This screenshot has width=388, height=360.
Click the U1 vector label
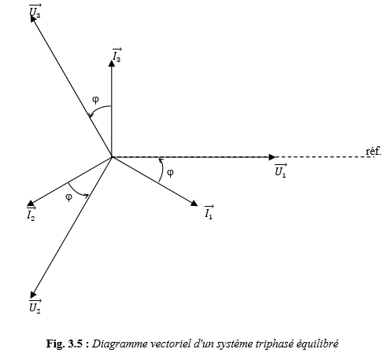pos(281,171)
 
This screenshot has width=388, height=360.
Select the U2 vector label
pos(35,306)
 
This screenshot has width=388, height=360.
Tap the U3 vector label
pos(35,11)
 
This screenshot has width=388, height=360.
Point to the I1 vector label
pos(209,211)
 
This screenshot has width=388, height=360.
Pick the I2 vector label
pos(31,214)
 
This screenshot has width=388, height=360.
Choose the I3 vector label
pos(116,55)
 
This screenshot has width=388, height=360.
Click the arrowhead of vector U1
pos(272,157)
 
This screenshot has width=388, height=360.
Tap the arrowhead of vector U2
pos(33,295)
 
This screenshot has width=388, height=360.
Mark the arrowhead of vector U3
pos(33,19)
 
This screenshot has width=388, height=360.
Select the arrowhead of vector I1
pos(194,204)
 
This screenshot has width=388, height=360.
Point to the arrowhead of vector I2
pos(31,204)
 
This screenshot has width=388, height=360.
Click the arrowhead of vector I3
pos(112,63)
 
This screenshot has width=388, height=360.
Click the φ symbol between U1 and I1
pos(170,173)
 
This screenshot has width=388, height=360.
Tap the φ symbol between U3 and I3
pos(96,100)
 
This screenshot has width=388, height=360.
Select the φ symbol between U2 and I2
pos(68,197)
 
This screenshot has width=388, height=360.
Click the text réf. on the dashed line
pos(374,151)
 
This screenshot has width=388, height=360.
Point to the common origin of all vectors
pos(112,157)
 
